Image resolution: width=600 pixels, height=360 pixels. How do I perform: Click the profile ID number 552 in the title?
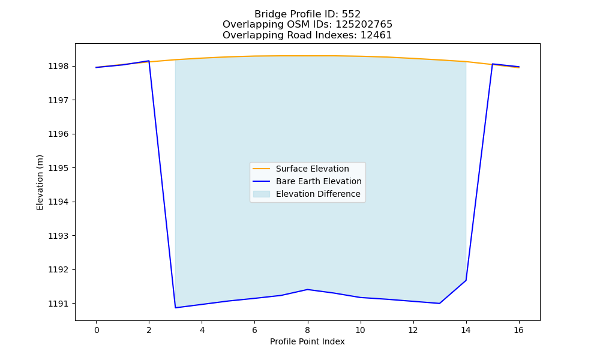[x=351, y=14]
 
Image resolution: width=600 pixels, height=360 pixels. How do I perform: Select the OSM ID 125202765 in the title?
[x=364, y=25]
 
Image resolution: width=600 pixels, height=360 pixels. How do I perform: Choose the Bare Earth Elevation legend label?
[x=319, y=181]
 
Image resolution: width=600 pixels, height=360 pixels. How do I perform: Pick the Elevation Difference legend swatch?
[x=262, y=194]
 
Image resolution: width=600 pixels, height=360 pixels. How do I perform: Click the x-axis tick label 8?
[x=307, y=330]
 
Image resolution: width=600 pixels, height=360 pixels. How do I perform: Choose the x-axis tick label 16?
[x=518, y=330]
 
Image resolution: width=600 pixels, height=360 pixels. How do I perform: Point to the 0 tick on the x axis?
[x=97, y=330]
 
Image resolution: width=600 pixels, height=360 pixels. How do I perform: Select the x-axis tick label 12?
[x=413, y=330]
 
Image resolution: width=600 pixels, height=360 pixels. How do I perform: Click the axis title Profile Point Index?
[x=307, y=341]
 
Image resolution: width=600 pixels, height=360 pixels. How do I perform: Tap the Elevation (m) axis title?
[x=40, y=182]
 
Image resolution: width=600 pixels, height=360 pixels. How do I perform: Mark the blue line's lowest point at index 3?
[x=175, y=308]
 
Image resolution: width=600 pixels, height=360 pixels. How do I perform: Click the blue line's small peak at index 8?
[x=307, y=289]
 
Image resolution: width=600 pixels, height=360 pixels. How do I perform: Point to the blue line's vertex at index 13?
[x=439, y=304]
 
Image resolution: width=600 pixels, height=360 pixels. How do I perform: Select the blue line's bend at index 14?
[x=466, y=280]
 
